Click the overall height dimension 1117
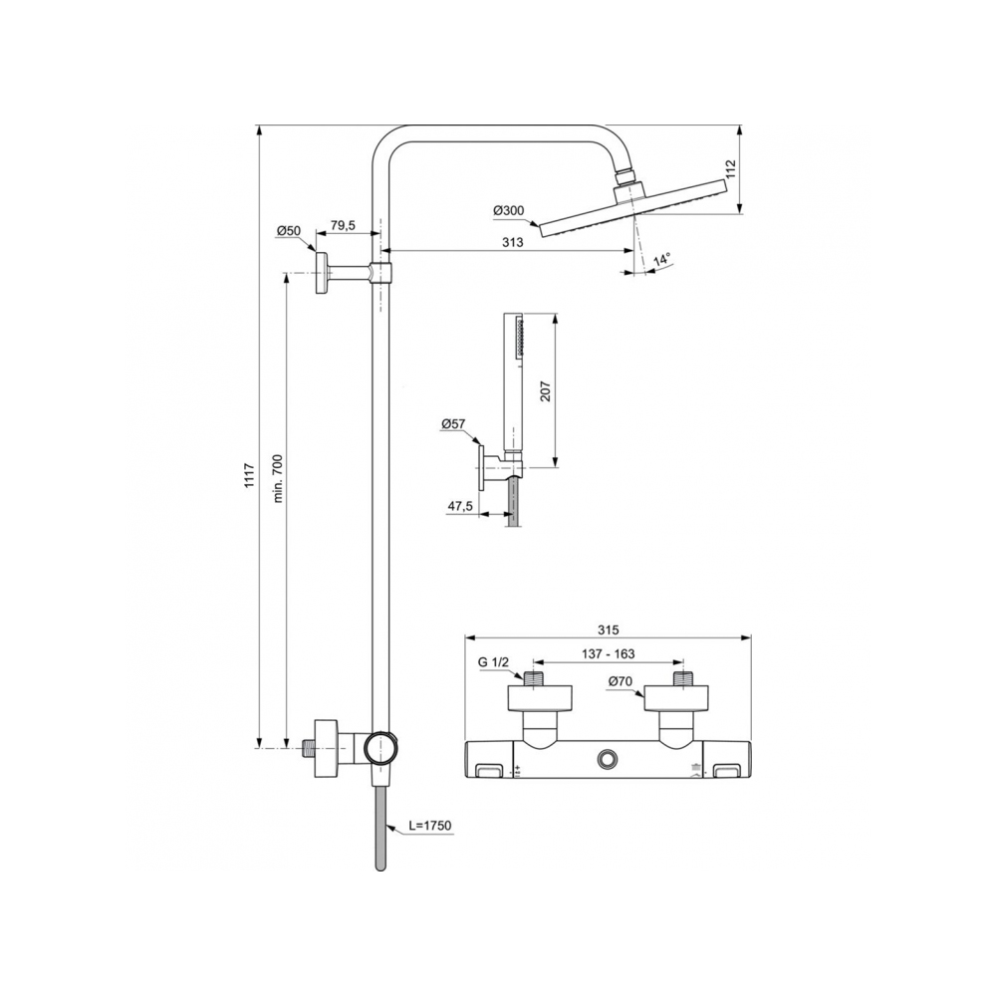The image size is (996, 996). (x=249, y=475)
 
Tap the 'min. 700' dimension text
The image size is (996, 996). (x=278, y=479)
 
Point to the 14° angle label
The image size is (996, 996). (x=662, y=259)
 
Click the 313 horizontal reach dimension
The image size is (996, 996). (x=513, y=242)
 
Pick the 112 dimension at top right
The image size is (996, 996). (x=730, y=168)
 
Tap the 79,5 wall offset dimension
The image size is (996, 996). (x=343, y=225)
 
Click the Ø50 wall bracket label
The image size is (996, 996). (x=289, y=231)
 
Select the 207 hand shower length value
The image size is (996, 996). (x=546, y=390)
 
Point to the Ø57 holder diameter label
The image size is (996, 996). (x=453, y=423)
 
